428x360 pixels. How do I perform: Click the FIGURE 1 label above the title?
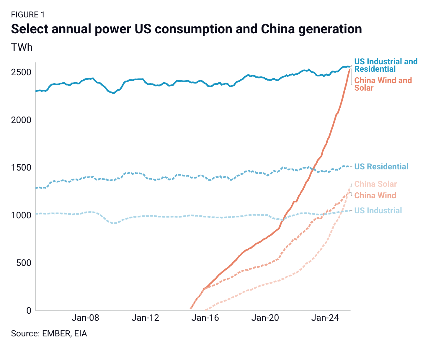(x=28, y=15)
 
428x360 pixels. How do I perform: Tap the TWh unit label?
(x=22, y=47)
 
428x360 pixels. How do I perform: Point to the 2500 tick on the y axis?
(x=21, y=72)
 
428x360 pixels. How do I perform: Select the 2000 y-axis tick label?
(x=21, y=120)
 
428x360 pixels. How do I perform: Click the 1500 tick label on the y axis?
(x=21, y=168)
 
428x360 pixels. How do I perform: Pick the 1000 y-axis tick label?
(x=21, y=215)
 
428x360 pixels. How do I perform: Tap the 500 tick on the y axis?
(x=23, y=263)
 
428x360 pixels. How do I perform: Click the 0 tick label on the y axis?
(x=29, y=310)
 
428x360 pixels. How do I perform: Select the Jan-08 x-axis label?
(x=86, y=318)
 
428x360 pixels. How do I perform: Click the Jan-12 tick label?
(x=145, y=318)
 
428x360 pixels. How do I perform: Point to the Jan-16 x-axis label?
(x=205, y=318)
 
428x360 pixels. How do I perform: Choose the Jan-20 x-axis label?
(x=265, y=318)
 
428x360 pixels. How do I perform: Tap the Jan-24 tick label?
(x=325, y=318)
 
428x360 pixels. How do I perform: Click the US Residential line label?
(x=381, y=167)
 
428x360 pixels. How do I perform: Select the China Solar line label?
(x=375, y=184)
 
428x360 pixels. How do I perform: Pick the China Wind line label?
(x=375, y=195)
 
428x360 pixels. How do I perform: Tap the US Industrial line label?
(x=378, y=211)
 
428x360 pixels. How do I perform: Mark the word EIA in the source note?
(x=81, y=334)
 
